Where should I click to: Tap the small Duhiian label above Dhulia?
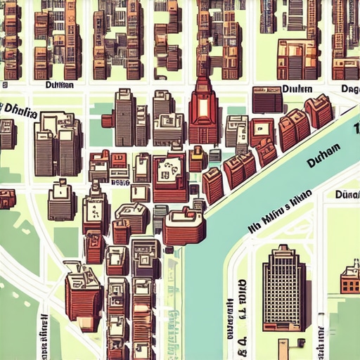tap(59, 85)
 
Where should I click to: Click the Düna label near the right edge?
tap(347, 193)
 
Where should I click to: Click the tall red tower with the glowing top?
tap(203, 112)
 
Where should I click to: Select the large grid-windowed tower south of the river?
tap(284, 288)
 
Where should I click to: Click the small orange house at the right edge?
tap(350, 279)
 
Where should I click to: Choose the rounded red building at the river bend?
tap(184, 226)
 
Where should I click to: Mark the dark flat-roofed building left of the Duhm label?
tap(266, 99)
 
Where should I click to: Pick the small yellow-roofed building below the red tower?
tap(196, 158)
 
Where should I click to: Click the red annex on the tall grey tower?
tap(108, 120)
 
